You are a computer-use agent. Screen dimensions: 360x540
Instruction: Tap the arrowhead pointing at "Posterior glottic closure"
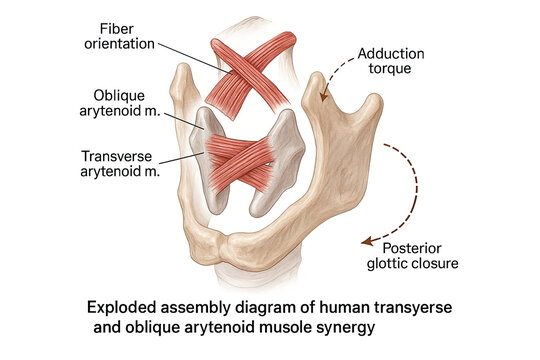tap(366, 240)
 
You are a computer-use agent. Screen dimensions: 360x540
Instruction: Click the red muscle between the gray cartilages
tap(245, 160)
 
